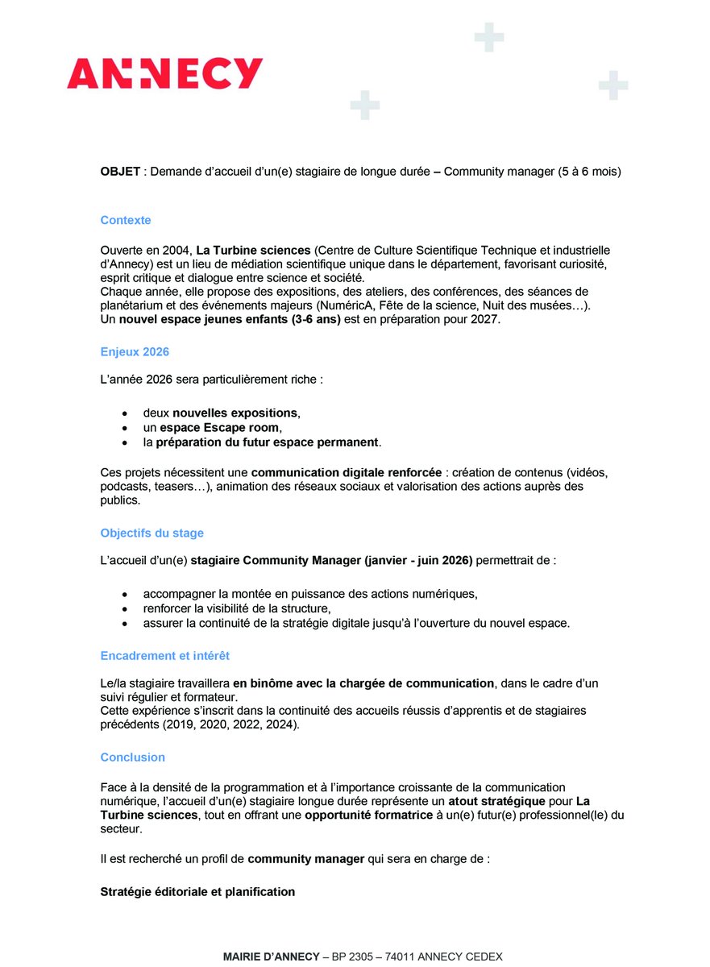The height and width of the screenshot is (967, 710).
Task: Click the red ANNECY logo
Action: pyautogui.click(x=165, y=73)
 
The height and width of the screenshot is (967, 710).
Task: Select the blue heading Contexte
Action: pyautogui.click(x=126, y=220)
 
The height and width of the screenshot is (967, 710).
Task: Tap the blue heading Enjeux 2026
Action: pyautogui.click(x=135, y=351)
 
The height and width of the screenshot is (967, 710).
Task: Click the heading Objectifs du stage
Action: pyautogui.click(x=152, y=533)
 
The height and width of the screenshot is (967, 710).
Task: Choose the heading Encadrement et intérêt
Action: pyautogui.click(x=165, y=656)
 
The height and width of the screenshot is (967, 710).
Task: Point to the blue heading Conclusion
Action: pyautogui.click(x=133, y=757)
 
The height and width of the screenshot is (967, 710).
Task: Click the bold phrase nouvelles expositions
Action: pyautogui.click(x=235, y=413)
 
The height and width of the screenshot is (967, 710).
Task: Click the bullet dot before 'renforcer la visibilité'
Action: pyautogui.click(x=124, y=609)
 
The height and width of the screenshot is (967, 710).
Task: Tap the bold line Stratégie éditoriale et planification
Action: pyautogui.click(x=197, y=892)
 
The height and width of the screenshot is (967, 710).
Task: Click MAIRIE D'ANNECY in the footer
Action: pyautogui.click(x=270, y=957)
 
